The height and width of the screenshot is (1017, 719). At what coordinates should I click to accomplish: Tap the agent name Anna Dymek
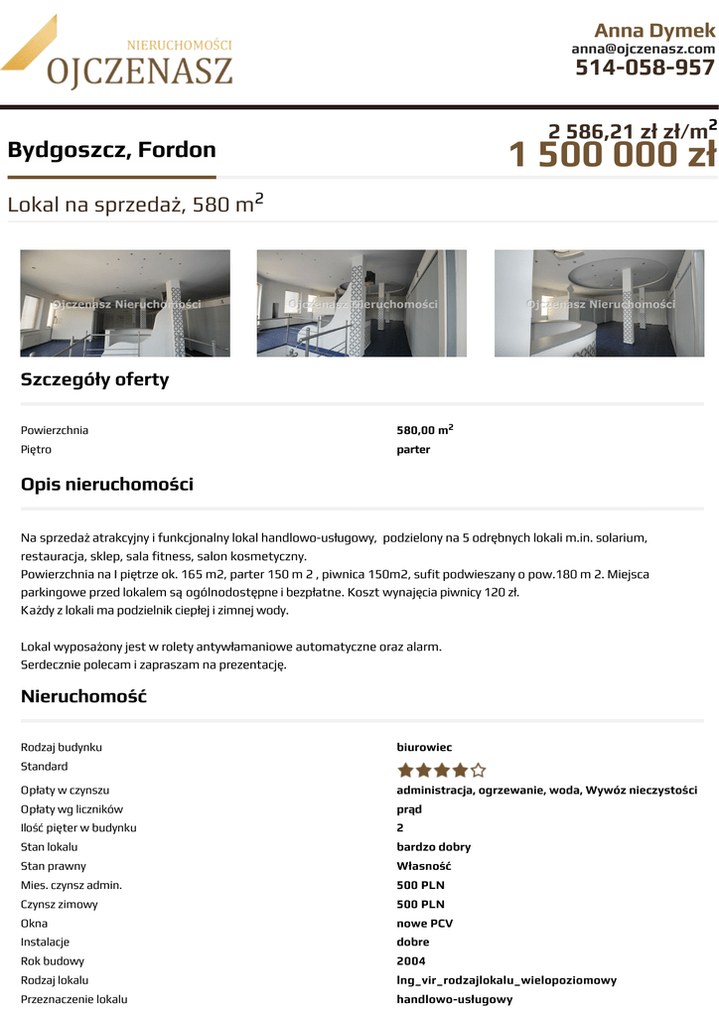point(654,30)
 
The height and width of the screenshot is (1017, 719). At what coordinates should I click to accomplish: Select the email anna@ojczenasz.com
point(643,49)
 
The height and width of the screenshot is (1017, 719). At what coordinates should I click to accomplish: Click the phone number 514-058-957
point(645,68)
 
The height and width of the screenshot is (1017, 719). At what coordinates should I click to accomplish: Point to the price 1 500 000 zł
point(612,156)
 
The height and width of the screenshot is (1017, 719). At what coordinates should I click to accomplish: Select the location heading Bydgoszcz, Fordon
point(111,150)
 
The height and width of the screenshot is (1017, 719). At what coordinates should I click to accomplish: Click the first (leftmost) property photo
point(125,303)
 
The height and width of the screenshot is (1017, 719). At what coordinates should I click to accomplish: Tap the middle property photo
point(361,303)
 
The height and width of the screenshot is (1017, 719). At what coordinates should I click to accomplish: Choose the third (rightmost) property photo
point(599,303)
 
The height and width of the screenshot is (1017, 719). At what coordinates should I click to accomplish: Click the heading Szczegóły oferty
point(95,379)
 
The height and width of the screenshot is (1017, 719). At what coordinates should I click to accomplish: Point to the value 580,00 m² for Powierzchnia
point(425,430)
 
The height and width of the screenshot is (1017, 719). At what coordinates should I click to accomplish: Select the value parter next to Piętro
point(413,449)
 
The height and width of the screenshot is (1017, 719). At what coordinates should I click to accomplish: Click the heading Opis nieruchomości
point(107,485)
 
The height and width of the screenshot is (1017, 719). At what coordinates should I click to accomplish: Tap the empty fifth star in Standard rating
point(479,770)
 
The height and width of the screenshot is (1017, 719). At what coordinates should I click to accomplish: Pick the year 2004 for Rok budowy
point(411,960)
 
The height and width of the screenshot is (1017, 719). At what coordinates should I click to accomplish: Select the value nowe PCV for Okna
point(424,923)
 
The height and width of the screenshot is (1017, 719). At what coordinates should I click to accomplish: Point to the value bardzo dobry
point(434,847)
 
